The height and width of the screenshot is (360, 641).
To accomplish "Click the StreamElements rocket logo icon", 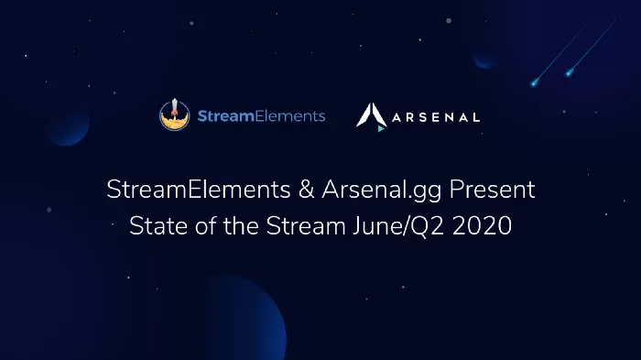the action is click(175, 115).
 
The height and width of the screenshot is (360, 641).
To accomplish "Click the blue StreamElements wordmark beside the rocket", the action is click(262, 116).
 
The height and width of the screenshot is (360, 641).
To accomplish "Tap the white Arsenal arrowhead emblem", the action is click(371, 115).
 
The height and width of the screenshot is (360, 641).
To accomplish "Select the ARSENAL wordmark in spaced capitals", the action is click(436, 118).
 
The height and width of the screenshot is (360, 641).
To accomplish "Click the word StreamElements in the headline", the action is click(199, 190).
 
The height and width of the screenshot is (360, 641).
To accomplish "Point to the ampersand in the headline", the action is click(306, 190).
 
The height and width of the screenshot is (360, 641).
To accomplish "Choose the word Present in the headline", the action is click(493, 190).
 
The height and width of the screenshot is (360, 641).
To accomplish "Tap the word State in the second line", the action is click(158, 226).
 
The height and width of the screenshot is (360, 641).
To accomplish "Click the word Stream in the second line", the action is click(306, 226).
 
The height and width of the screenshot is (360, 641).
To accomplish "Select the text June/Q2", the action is click(398, 226).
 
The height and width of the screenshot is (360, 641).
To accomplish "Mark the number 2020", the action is click(482, 226).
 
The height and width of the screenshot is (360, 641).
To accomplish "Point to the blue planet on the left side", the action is click(68, 125).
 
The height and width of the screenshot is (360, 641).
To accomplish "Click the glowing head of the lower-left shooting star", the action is click(534, 83).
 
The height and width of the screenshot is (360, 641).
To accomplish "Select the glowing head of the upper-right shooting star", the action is click(569, 73).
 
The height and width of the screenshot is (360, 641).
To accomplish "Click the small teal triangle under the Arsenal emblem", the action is click(381, 128).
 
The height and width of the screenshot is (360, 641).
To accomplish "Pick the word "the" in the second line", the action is click(241, 226).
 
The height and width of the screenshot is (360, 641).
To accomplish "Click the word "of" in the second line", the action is click(206, 226).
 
